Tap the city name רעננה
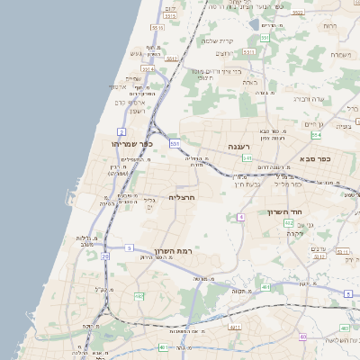[238, 146]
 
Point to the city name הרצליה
[182, 196]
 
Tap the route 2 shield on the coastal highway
[121, 132]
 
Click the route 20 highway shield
[104, 256]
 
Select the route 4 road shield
[241, 217]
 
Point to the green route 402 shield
[288, 222]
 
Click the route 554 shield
[316, 135]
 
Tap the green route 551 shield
[265, 38]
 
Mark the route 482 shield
[138, 296]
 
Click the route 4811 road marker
[233, 328]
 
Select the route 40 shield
[303, 337]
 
